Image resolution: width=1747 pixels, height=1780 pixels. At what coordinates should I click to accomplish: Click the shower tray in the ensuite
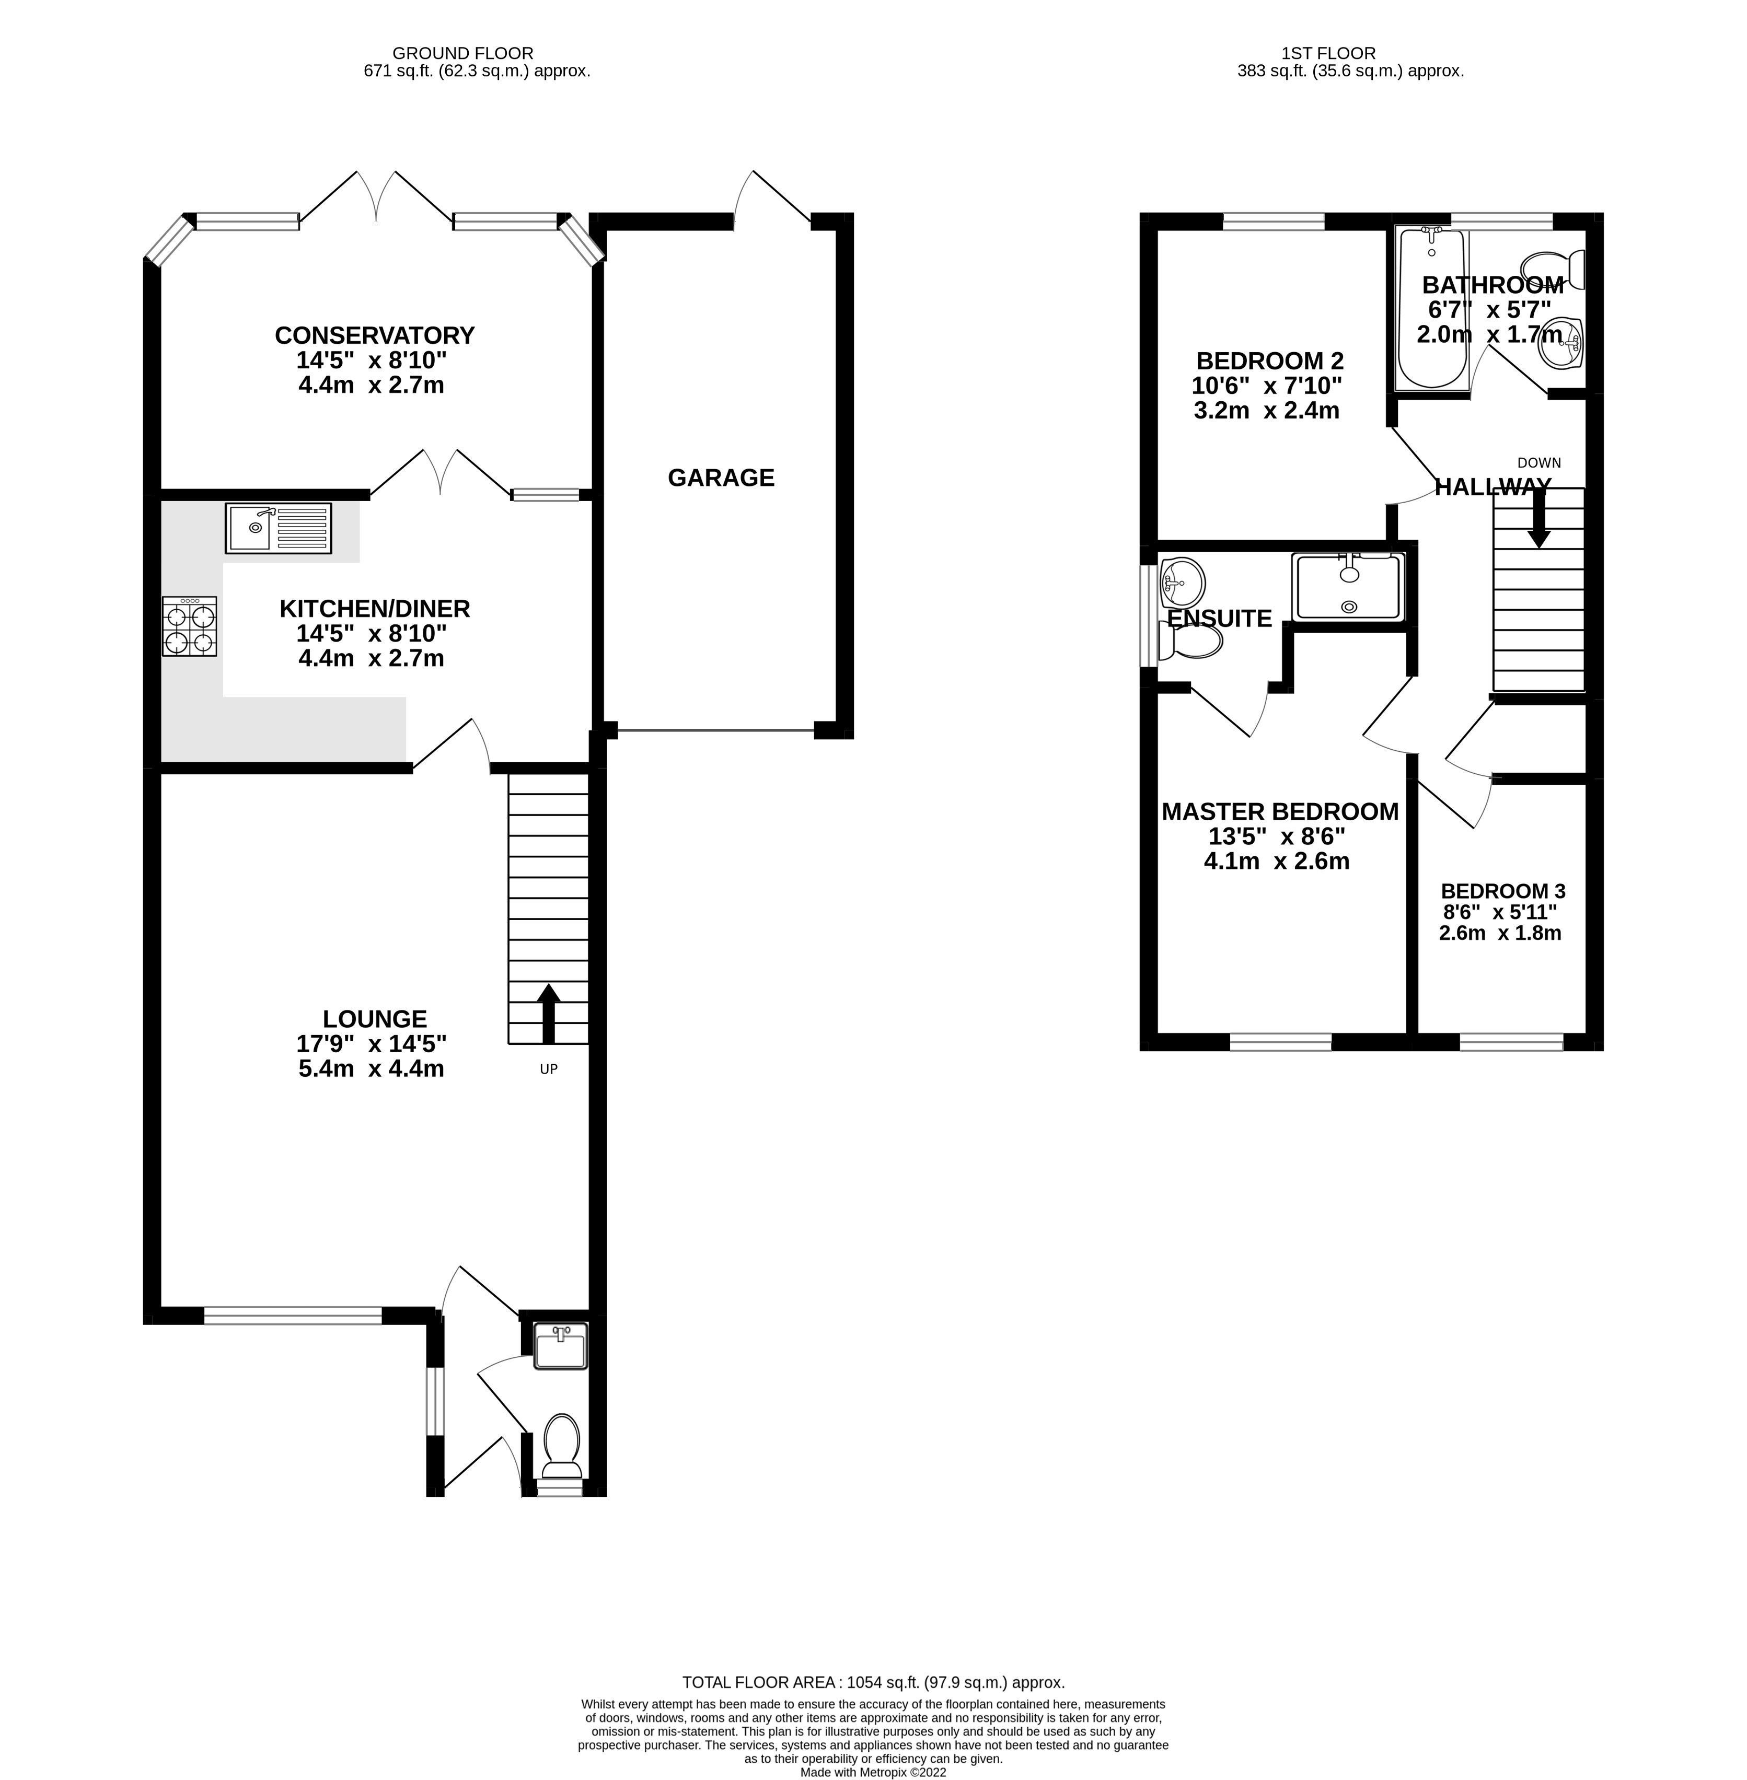(1348, 586)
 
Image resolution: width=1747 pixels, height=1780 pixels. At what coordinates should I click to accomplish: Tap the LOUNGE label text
(374, 1019)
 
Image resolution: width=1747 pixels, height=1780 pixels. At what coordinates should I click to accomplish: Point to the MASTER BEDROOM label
(1279, 812)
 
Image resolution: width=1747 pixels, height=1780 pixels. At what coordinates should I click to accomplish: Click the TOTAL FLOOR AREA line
(873, 1683)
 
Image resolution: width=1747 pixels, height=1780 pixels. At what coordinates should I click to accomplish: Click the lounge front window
(292, 1316)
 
